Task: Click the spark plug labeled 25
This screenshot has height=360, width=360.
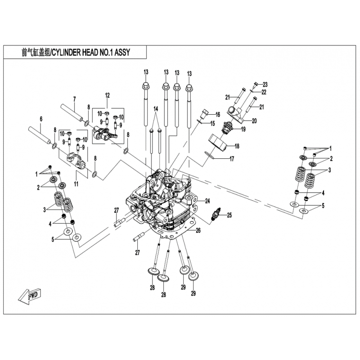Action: pos(216,214)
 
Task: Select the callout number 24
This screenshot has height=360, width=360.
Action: pos(207,201)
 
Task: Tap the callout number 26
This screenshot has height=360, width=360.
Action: pos(198,230)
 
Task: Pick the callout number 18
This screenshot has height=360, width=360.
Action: pos(237,146)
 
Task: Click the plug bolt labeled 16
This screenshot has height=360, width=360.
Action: pos(205,114)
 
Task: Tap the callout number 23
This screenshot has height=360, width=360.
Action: pos(265,85)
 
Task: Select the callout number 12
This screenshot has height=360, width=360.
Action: pos(108,95)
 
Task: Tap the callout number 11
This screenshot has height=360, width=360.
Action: pos(76,184)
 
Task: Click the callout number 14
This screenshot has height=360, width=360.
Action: pos(156,109)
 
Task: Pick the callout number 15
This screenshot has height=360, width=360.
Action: pos(212,123)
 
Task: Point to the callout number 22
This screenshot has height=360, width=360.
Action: pos(264,93)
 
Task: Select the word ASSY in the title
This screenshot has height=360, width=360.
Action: pos(122,52)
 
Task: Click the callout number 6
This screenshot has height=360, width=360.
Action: pos(41,119)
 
